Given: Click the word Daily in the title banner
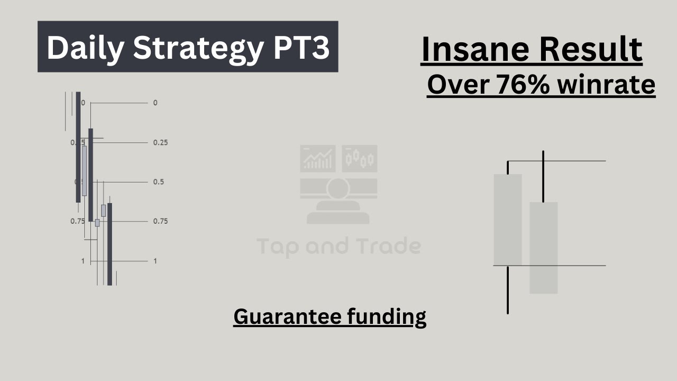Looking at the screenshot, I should [x=85, y=48].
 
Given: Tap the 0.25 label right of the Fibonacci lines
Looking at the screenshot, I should [x=160, y=143].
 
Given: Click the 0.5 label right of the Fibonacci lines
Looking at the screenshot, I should [x=158, y=182].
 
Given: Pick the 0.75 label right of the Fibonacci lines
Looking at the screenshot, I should [x=160, y=221].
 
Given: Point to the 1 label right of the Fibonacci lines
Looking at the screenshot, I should [x=155, y=261].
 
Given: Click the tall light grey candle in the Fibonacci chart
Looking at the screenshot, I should [x=84, y=170].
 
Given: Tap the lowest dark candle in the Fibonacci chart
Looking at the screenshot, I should [x=109, y=243].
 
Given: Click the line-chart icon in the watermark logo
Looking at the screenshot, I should [x=317, y=158].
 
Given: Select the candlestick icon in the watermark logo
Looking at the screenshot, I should [x=360, y=158].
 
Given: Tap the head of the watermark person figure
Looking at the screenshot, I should [x=338, y=187].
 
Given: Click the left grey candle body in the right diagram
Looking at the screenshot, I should [x=507, y=220].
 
